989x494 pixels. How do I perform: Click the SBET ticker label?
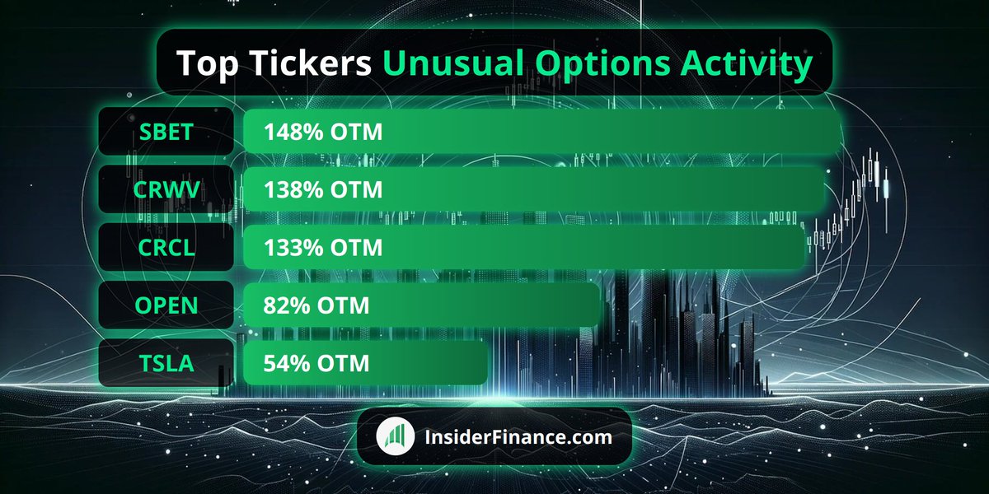point(166,132)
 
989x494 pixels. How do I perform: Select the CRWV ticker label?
point(166,189)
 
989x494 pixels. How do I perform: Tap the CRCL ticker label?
point(166,248)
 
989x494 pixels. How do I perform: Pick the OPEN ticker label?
point(166,305)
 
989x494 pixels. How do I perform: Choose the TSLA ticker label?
point(166,363)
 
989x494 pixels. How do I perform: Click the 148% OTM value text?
point(323,132)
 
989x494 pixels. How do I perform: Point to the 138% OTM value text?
point(323,189)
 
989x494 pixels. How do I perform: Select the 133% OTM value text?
point(323,248)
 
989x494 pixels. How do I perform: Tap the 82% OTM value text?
point(316,305)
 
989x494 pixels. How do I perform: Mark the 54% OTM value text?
point(316,363)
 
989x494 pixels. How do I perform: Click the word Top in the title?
point(208,64)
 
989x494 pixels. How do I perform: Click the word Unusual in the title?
point(453,63)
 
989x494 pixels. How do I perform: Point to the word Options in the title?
point(603,64)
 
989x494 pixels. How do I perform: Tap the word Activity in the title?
point(746,64)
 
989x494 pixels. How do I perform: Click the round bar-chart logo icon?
point(395,436)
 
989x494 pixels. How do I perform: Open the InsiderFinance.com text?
point(518,437)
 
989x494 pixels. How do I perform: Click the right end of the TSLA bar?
point(487,363)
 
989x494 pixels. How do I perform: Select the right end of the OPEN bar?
point(599,305)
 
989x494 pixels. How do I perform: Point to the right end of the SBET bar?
point(840,132)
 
